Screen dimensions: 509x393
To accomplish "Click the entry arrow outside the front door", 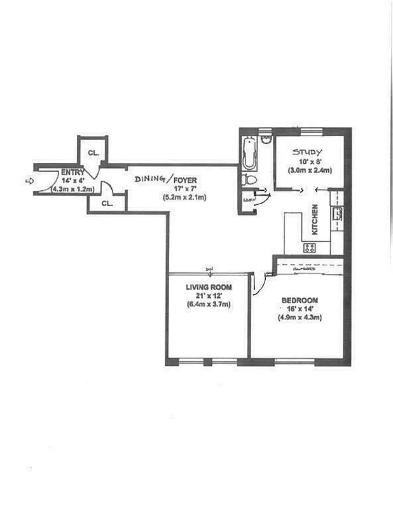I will (29, 181).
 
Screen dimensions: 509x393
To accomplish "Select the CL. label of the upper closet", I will (93, 153).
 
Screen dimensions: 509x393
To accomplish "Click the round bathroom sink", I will (266, 139).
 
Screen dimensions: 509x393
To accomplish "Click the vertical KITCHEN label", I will (314, 219).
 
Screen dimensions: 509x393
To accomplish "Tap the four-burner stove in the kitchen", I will (310, 248).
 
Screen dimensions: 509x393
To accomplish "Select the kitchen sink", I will (338, 214).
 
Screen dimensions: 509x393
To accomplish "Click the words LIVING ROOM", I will (209, 288).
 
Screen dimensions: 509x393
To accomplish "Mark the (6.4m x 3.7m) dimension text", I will (209, 305).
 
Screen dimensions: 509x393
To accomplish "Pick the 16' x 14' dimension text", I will (298, 309).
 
